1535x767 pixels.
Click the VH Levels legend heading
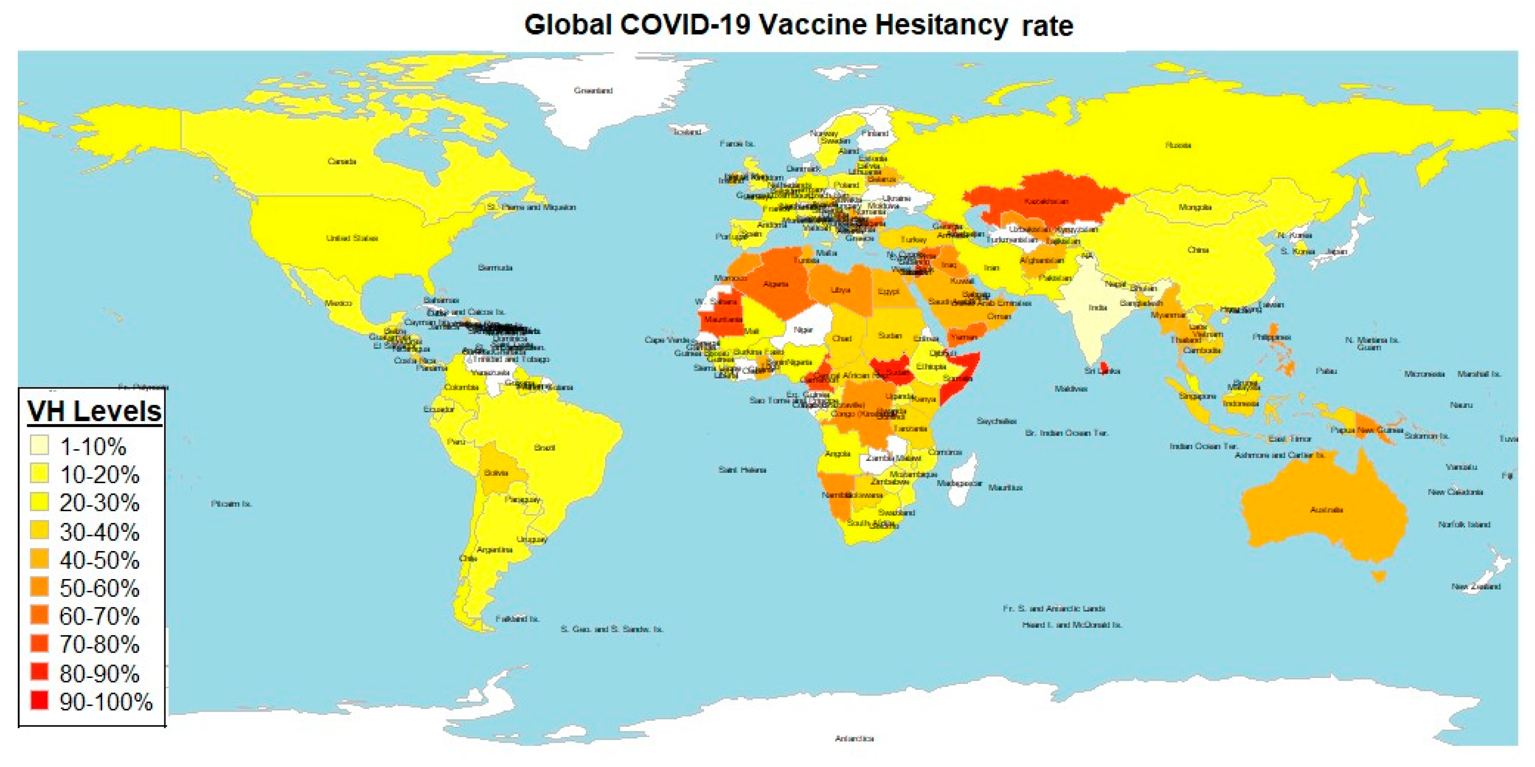point(94,411)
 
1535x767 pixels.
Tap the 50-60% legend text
point(99,588)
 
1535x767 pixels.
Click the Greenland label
point(593,90)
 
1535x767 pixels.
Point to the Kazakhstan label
point(1046,201)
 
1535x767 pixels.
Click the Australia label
point(1327,510)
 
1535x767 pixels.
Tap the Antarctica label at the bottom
point(854,738)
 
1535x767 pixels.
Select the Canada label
point(341,162)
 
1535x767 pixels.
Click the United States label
point(352,238)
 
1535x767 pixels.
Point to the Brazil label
point(545,447)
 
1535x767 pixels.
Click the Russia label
point(1178,145)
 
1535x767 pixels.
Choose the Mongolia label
point(1195,207)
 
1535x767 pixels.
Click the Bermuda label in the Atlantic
point(494,268)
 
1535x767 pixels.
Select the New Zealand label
point(1476,586)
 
